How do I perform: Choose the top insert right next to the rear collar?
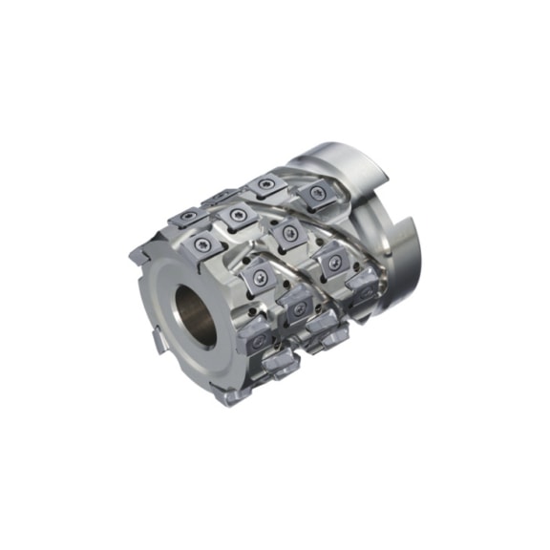(x=314, y=196)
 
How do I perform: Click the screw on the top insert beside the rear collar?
(x=315, y=195)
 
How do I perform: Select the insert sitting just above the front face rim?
(x=202, y=247)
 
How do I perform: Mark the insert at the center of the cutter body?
(x=284, y=232)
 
